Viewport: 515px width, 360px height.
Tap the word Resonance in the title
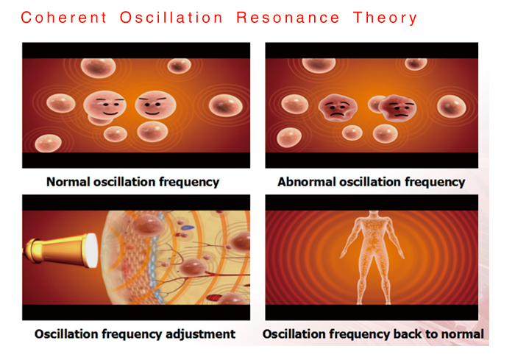click(x=288, y=18)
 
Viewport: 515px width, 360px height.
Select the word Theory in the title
click(x=386, y=18)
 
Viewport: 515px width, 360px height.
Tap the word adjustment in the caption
click(x=196, y=334)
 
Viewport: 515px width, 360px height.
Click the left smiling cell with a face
click(x=106, y=107)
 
